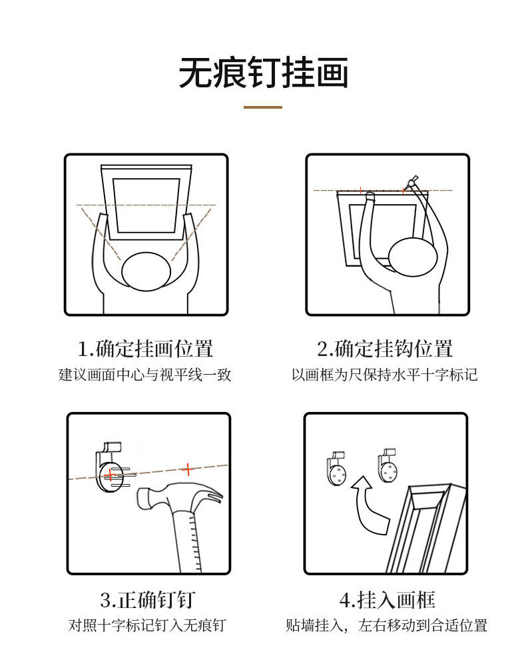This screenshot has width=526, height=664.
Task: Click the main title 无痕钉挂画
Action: click(x=263, y=73)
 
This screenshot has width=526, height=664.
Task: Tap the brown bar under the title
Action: click(x=262, y=107)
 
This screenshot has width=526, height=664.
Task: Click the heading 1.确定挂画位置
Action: click(x=145, y=349)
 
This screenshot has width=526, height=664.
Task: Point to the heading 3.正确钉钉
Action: click(x=148, y=599)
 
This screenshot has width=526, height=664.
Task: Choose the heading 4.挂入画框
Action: click(x=387, y=599)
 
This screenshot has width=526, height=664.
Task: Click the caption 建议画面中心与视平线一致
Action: click(x=145, y=375)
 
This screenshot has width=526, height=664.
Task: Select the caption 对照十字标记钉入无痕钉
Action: click(x=148, y=625)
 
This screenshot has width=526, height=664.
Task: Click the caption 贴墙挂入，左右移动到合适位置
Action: click(x=387, y=625)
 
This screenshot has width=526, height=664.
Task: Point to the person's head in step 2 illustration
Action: click(x=413, y=257)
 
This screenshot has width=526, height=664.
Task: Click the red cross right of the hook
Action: click(x=188, y=469)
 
